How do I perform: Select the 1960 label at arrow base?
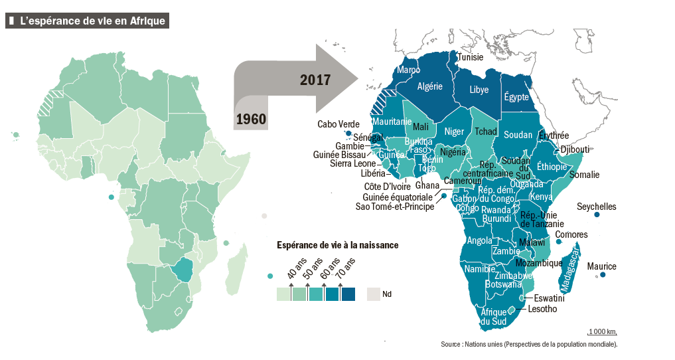click(250, 119)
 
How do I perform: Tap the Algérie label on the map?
click(429, 86)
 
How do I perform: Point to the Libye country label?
click(479, 89)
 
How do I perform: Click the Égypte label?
click(516, 97)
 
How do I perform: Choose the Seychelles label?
click(597, 207)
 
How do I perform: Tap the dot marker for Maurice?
click(603, 275)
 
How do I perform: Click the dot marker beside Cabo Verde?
click(348, 134)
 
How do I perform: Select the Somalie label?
click(584, 175)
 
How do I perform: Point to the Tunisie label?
click(470, 57)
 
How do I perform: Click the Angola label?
click(479, 240)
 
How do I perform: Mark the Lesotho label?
click(542, 309)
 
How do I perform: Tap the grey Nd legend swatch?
click(373, 294)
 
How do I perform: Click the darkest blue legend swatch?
click(348, 294)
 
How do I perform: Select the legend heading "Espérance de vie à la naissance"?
click(337, 244)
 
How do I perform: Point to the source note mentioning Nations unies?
click(529, 344)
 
